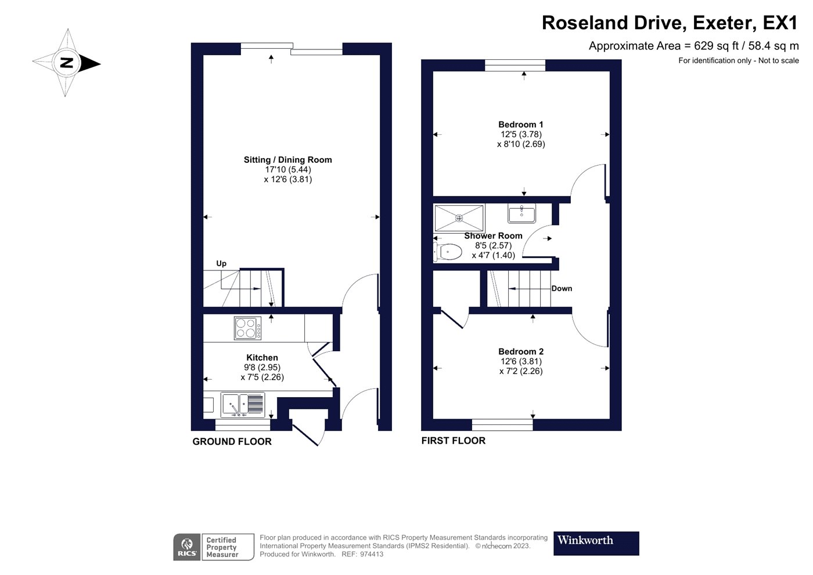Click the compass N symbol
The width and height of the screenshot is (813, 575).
67,63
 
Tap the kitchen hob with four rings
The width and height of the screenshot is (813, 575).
247,328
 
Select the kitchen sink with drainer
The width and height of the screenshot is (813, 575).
243,405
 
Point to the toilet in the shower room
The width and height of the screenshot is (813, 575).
448,252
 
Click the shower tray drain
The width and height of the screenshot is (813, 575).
459,218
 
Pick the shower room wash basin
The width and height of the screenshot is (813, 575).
521,213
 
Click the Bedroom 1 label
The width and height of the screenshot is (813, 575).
520,124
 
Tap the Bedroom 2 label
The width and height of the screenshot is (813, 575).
521,352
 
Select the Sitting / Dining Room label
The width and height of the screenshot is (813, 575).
288,160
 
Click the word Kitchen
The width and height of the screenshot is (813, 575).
262,358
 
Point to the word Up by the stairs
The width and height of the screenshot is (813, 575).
221,263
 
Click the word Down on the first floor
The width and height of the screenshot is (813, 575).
562,288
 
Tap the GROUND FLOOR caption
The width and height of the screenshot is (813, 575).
232,441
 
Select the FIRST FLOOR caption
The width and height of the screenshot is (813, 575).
454,441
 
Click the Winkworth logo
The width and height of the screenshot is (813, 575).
596,543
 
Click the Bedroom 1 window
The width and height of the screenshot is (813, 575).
515,65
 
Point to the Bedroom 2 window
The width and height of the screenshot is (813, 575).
502,424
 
